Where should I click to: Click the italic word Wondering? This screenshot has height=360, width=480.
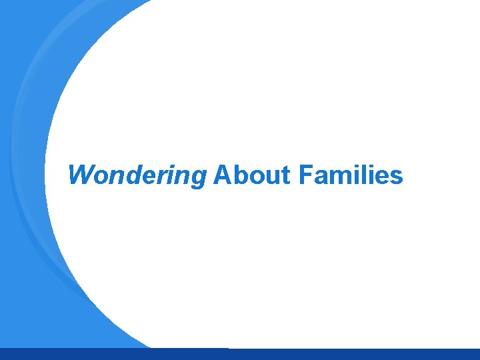[137, 176]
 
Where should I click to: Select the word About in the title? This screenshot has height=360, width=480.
[252, 175]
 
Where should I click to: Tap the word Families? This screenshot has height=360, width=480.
[351, 175]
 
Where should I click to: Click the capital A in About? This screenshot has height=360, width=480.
[221, 175]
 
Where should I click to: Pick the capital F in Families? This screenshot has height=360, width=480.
[305, 175]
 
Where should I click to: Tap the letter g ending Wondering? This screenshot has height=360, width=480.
[198, 179]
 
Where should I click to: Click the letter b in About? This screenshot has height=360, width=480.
[237, 175]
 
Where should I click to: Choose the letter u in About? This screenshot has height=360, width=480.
[268, 177]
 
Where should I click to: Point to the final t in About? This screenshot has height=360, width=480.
[285, 176]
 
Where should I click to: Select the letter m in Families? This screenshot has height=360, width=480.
[339, 177]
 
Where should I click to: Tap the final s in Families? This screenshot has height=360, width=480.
[396, 177]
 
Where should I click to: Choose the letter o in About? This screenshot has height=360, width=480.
[253, 177]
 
